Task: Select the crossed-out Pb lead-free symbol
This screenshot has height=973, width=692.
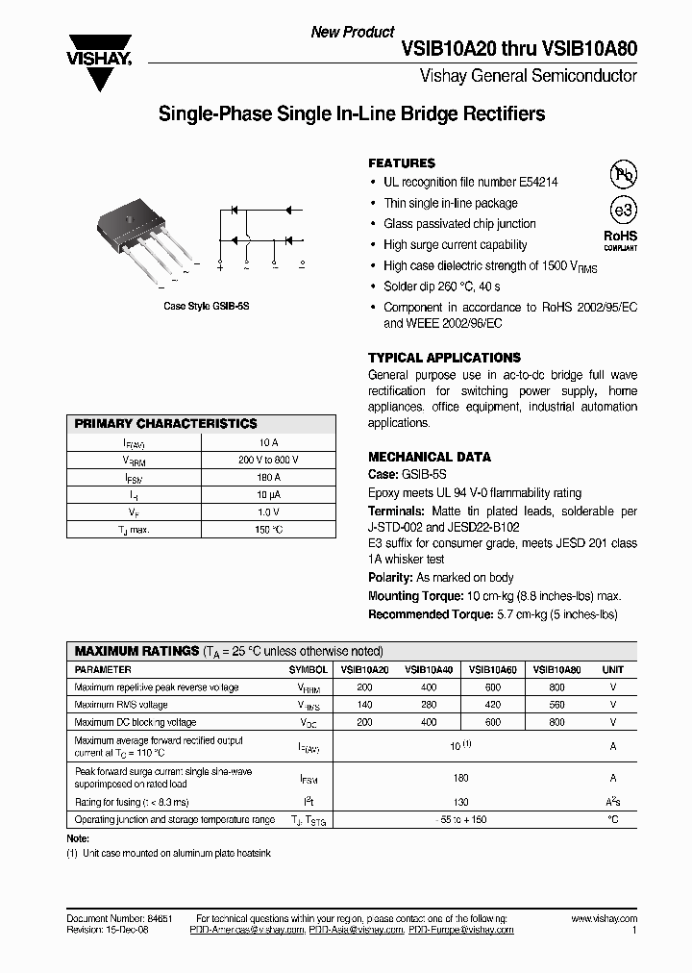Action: point(624,175)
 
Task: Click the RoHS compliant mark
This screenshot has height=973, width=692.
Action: point(620,239)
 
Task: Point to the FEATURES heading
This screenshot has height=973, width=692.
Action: point(402,163)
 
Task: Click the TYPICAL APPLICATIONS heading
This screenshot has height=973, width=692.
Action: point(444,358)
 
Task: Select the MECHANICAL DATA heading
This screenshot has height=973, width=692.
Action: point(429,457)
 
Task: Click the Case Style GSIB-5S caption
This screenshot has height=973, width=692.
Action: point(206,306)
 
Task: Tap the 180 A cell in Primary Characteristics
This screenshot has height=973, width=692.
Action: point(268,477)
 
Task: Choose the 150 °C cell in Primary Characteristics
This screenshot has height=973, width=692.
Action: point(268,530)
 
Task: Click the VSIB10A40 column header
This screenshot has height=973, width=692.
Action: point(429,669)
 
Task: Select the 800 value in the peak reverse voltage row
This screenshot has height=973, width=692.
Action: point(557,687)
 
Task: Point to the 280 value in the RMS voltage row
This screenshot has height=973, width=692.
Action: point(429,705)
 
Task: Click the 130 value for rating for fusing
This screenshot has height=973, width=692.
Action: point(461,802)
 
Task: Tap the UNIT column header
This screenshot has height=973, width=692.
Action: point(612,669)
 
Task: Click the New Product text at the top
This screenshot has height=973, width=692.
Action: point(353,32)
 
